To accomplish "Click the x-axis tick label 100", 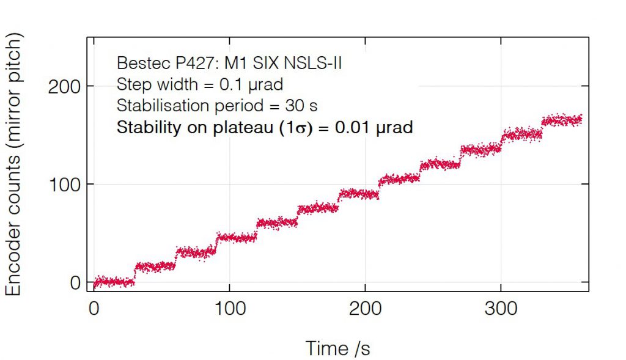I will click(229, 309).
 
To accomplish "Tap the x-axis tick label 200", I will click(366, 309).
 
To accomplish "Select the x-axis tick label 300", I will click(501, 309).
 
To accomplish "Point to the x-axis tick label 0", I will click(94, 309).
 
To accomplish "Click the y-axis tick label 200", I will click(65, 86).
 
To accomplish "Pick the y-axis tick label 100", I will click(65, 185).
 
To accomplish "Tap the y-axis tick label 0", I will click(75, 283).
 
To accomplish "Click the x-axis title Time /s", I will click(337, 348).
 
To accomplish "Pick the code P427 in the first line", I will click(185, 63).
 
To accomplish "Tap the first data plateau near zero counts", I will click(114, 282).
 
